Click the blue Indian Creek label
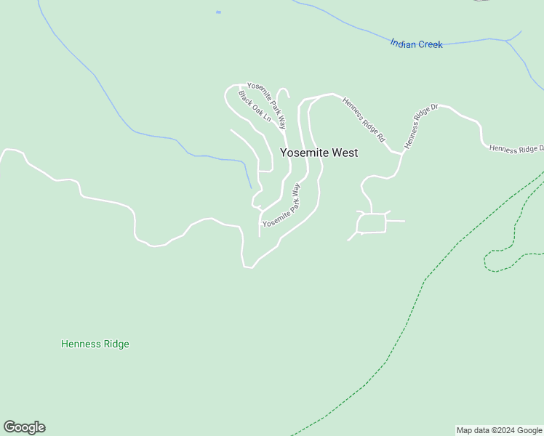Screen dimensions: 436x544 point(416,44)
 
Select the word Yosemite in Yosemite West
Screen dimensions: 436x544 point(304,153)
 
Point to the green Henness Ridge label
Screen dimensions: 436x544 point(95,344)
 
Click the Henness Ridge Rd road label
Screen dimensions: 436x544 point(364,119)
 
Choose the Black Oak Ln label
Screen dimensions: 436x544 point(255,106)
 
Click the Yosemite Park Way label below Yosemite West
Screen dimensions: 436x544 point(281,206)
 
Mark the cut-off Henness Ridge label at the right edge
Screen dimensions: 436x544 point(516,149)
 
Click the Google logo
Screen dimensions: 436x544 point(24,427)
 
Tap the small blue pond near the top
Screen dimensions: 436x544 point(218,12)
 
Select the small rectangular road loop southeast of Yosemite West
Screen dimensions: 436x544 point(372,223)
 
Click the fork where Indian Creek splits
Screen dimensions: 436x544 point(506,41)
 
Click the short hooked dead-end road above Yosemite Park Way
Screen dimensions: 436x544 point(283,92)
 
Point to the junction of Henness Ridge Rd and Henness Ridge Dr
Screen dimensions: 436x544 point(401,153)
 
